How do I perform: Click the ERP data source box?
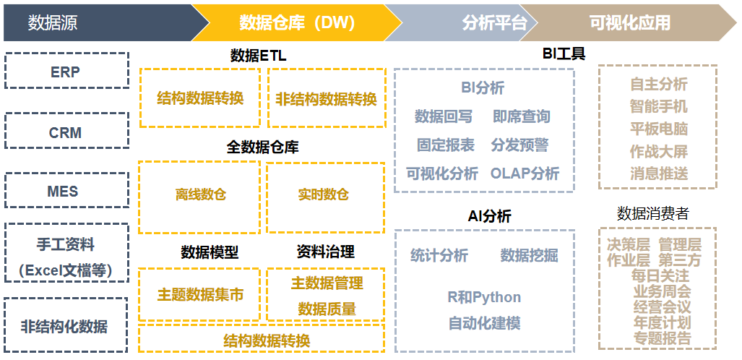[x=66, y=71]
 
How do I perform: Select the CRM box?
[x=66, y=130]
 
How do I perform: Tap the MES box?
[x=66, y=190]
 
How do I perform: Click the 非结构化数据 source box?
[x=66, y=325]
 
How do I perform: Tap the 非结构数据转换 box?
[x=327, y=98]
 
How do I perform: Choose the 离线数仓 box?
[x=199, y=197]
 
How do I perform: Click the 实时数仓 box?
[x=326, y=197]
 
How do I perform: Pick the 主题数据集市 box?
[x=199, y=294]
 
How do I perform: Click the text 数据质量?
[x=327, y=309]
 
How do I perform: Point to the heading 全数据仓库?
[x=263, y=147]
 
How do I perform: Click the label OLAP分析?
[x=525, y=173]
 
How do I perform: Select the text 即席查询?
[x=522, y=116]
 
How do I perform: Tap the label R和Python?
[x=484, y=297]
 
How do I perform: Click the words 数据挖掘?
[x=529, y=255]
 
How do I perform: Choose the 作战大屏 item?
[x=659, y=151]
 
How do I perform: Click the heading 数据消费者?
[x=652, y=214]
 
